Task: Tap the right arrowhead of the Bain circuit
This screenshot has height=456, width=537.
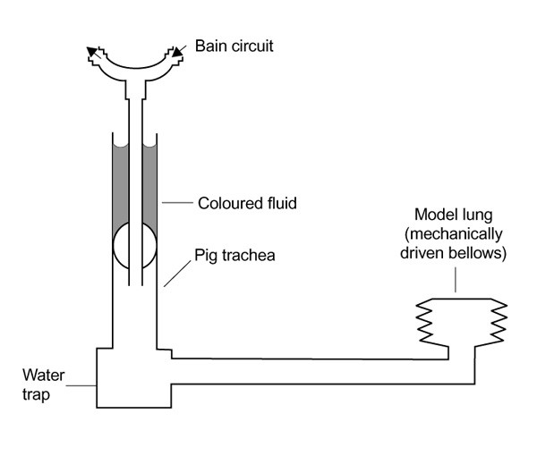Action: click(x=178, y=52)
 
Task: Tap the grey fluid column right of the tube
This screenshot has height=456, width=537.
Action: click(x=150, y=192)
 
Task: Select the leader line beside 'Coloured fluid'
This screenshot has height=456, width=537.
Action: click(x=179, y=204)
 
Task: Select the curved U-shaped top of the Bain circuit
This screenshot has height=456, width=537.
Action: click(x=134, y=68)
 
